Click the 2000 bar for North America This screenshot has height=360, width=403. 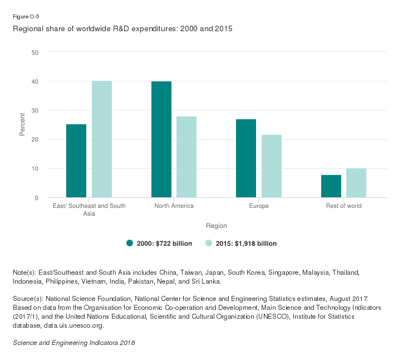pos(161,139)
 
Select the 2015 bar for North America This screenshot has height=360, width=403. pos(186,157)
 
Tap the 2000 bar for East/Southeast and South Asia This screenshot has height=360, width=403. pos(76,161)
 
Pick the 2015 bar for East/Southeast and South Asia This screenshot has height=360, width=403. pos(102,139)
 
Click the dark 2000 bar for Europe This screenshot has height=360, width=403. pos(246,158)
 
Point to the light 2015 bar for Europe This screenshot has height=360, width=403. pos(272,166)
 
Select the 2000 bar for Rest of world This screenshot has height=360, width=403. pos(331,186)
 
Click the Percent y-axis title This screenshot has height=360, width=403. pos(22,125)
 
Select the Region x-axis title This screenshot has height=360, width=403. pos(217,226)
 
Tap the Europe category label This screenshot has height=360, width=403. pos(259,206)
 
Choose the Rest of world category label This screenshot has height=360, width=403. pos(343,206)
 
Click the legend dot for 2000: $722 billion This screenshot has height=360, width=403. pos(130,243)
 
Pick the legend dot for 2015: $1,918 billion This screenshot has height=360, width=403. pos(209,243)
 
